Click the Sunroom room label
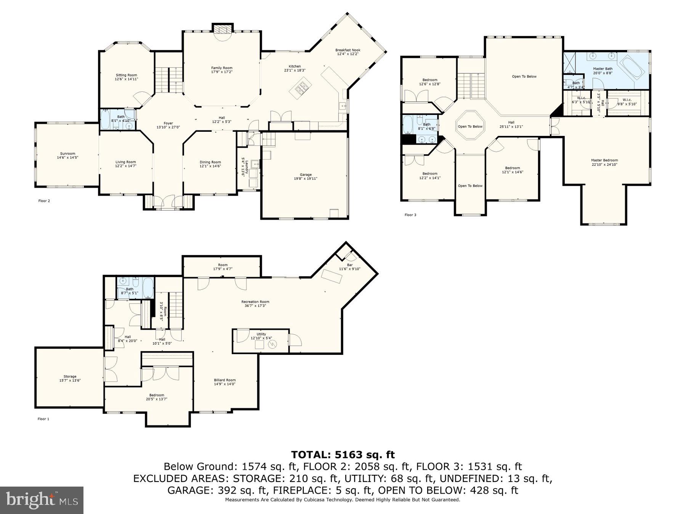pyautogui.click(x=67, y=154)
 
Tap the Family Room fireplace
pyautogui.click(x=222, y=32)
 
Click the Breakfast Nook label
pyautogui.click(x=348, y=50)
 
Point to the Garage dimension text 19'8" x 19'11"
pyautogui.click(x=305, y=179)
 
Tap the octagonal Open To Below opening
pyautogui.click(x=470, y=126)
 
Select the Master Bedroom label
pyautogui.click(x=604, y=160)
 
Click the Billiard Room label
pyautogui.click(x=225, y=380)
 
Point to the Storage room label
pyautogui.click(x=70, y=377)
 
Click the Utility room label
pyautogui.click(x=261, y=334)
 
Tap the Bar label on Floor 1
pyautogui.click(x=349, y=265)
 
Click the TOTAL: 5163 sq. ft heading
pyautogui.click(x=343, y=455)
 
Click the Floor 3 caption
pyautogui.click(x=410, y=215)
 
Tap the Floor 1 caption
pyautogui.click(x=43, y=419)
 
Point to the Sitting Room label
pyautogui.click(x=126, y=75)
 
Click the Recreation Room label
pyautogui.click(x=255, y=302)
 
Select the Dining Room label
pyautogui.click(x=210, y=162)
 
